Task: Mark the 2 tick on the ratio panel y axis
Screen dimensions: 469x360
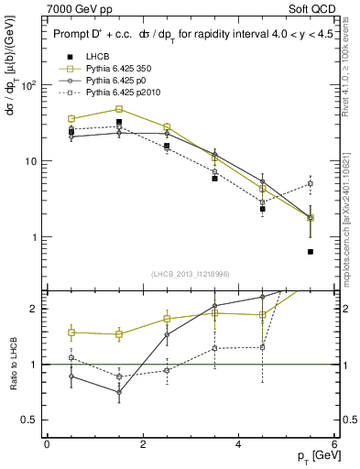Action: click(31, 309)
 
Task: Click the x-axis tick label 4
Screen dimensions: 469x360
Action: click(239, 444)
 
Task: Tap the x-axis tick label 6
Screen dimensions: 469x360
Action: click(334, 444)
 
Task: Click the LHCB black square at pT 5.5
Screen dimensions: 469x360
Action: click(311, 252)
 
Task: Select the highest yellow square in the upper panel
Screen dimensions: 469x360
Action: click(119, 109)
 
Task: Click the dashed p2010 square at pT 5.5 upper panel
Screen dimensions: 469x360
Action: click(311, 183)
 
